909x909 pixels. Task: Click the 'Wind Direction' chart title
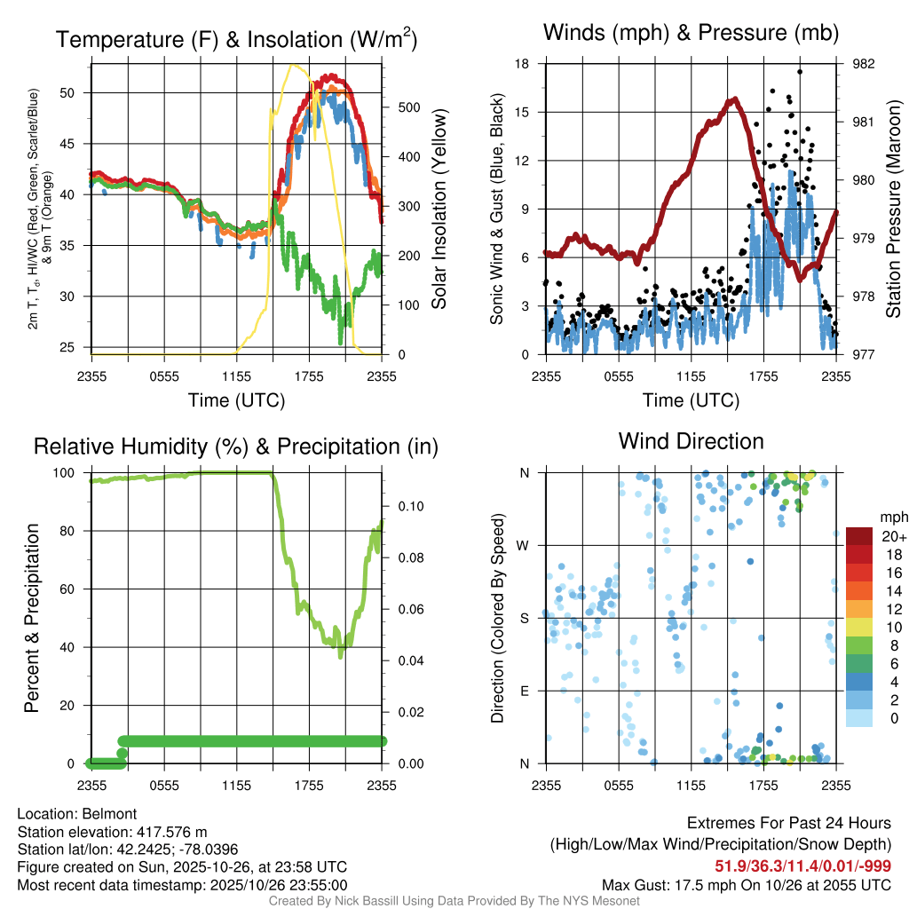pyautogui.click(x=691, y=441)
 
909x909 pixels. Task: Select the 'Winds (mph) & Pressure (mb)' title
pyautogui.click(x=691, y=34)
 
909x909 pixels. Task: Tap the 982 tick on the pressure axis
pyautogui.click(x=864, y=64)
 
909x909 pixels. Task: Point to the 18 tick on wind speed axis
pyautogui.click(x=523, y=64)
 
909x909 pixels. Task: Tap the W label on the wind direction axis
pyautogui.click(x=524, y=545)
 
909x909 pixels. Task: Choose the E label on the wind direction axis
pyautogui.click(x=525, y=691)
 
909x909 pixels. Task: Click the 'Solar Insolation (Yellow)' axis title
pyautogui.click(x=439, y=209)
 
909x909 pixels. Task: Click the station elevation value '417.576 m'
pyautogui.click(x=170, y=832)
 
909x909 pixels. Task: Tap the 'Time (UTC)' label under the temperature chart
pyautogui.click(x=236, y=400)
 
